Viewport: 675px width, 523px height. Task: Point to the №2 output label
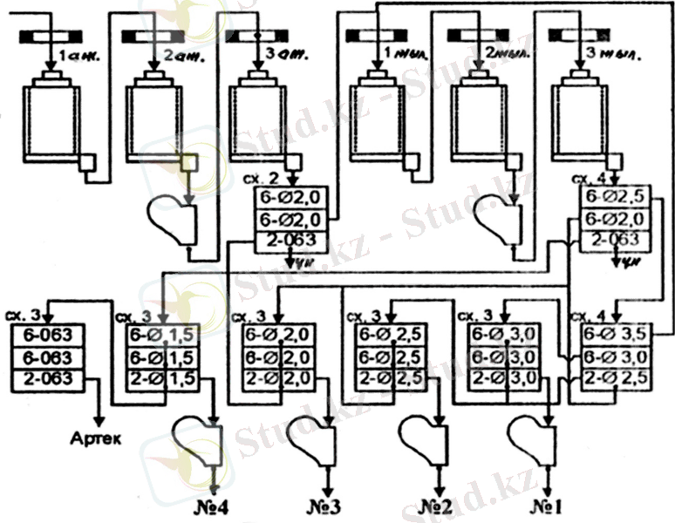(x=436, y=506)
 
